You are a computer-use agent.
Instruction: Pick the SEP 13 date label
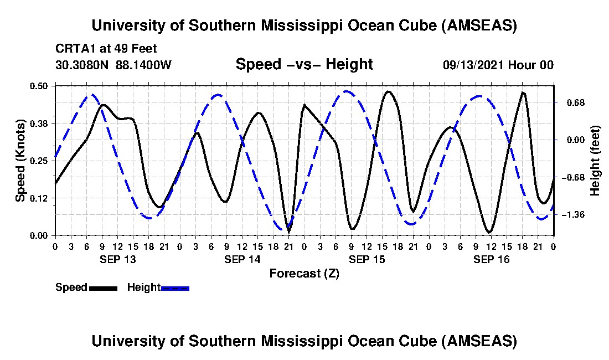tap(117, 259)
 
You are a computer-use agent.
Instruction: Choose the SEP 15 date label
tap(367, 259)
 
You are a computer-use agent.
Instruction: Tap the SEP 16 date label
tap(491, 259)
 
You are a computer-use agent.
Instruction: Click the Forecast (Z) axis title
tap(304, 273)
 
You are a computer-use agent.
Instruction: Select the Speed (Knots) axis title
tap(20, 161)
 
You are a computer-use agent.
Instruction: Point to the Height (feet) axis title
tap(596, 161)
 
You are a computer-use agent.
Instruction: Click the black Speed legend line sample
tap(103, 287)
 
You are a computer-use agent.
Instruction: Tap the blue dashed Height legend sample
tap(175, 287)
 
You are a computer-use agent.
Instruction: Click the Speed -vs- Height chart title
tap(304, 64)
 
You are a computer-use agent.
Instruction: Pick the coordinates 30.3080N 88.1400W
tap(113, 65)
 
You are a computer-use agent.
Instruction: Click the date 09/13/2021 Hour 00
tap(498, 65)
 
